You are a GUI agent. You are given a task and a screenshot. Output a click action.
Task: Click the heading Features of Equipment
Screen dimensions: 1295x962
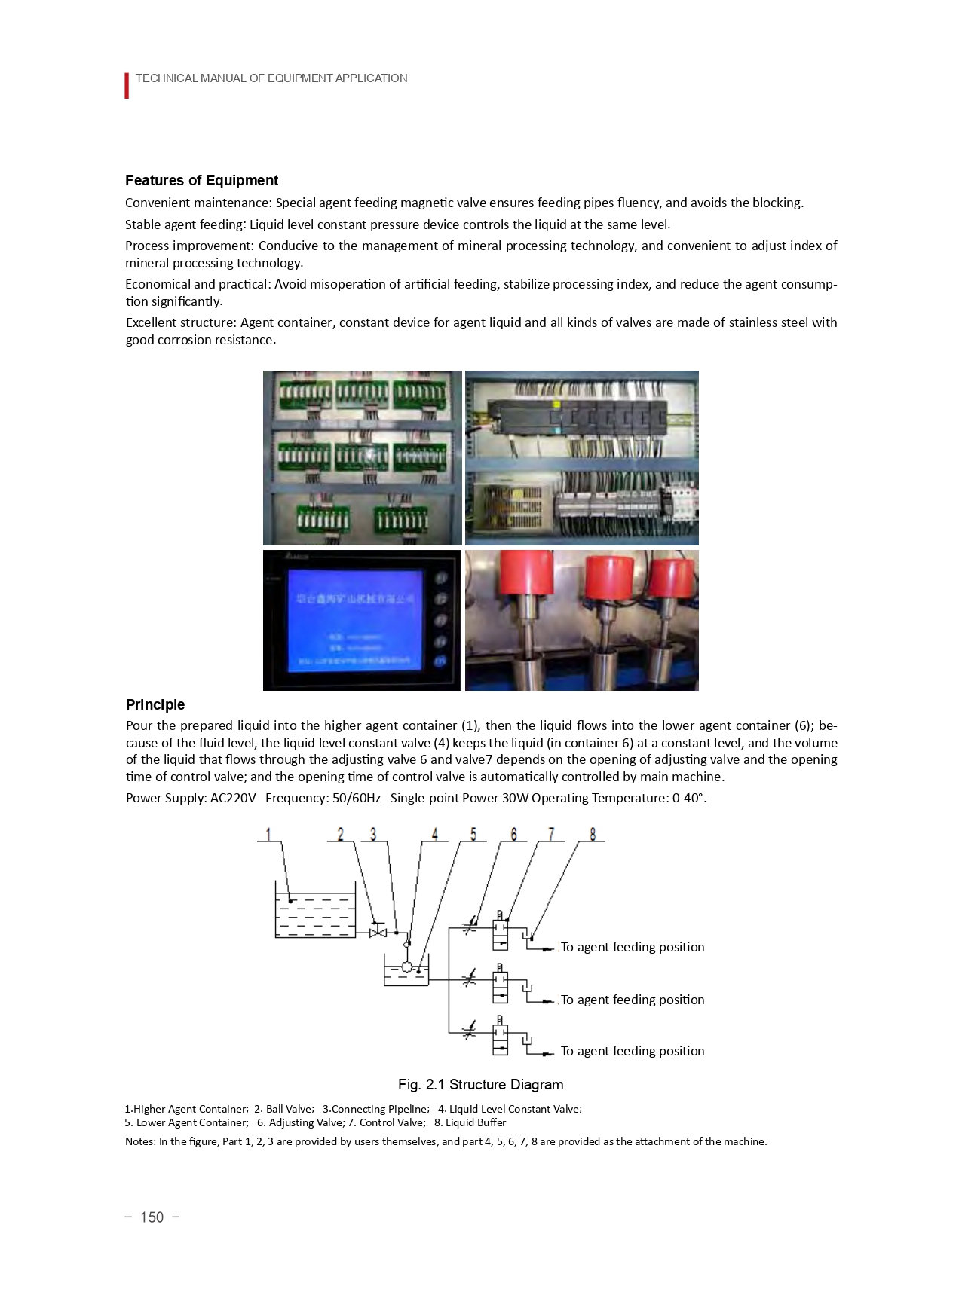click(x=201, y=180)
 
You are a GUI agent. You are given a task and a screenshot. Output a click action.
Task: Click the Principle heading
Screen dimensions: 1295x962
click(x=155, y=704)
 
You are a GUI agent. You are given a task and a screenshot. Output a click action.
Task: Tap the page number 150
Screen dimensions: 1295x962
click(x=152, y=1217)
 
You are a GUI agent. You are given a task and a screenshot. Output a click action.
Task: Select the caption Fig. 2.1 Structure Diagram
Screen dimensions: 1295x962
click(x=480, y=1084)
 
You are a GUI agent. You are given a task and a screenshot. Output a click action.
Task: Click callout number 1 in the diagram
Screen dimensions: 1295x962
click(x=268, y=834)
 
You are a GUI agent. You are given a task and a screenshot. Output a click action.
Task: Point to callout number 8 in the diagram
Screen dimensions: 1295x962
click(x=592, y=834)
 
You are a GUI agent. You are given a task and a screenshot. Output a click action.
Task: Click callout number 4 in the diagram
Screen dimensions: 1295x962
click(x=434, y=834)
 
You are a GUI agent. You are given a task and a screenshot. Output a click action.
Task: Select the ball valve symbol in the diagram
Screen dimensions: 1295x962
click(x=378, y=933)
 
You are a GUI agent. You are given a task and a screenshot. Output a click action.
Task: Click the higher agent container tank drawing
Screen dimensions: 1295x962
click(x=315, y=915)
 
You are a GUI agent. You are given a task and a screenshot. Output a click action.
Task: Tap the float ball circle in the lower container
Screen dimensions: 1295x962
click(x=406, y=967)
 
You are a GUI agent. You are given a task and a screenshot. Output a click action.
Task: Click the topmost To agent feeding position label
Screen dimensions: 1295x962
click(x=633, y=947)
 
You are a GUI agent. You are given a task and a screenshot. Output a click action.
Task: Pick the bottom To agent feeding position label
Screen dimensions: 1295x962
click(x=633, y=1051)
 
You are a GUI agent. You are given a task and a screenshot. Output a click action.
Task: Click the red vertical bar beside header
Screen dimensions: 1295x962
click(x=127, y=85)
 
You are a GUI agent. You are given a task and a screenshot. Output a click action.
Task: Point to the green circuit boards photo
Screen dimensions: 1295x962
click(x=362, y=457)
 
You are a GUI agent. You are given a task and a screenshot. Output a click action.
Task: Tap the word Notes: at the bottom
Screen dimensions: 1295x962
click(x=140, y=1141)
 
